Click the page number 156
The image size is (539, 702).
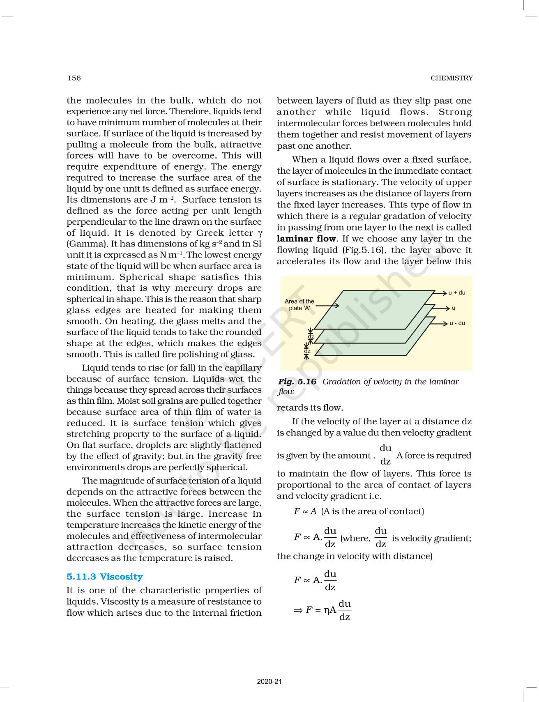(74, 78)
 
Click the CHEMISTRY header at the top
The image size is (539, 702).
(451, 78)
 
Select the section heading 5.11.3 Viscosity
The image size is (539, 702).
(105, 577)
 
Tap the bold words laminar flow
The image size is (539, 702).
(306, 239)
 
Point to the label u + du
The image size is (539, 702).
(457, 293)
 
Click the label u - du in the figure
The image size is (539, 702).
(457, 323)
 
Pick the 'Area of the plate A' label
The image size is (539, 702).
(299, 304)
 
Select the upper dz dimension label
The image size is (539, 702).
(311, 337)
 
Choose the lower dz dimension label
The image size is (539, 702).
(307, 351)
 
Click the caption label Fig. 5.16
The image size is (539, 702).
(297, 382)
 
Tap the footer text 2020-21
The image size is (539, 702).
(269, 681)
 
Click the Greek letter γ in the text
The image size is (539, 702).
(259, 233)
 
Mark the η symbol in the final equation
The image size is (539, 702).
(327, 610)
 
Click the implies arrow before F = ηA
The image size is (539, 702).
(298, 610)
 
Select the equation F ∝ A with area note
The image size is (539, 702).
(359, 511)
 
